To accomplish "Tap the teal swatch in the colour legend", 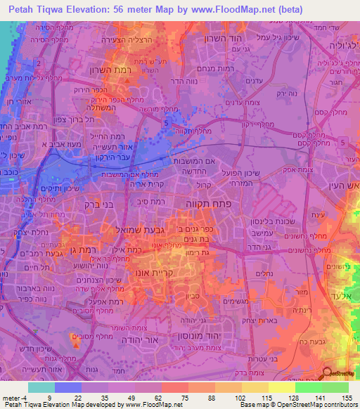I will [41, 387].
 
